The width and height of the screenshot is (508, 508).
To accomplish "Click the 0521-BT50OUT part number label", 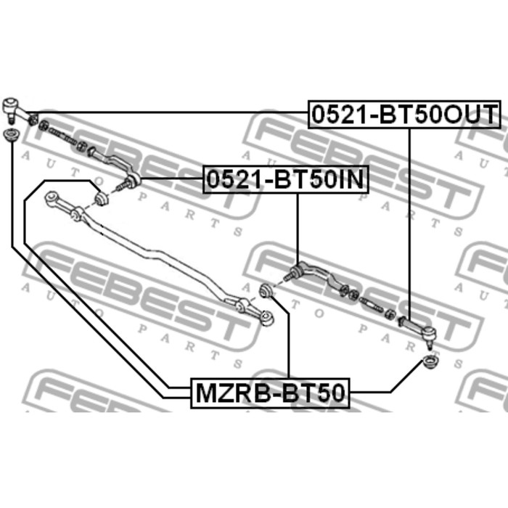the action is pyautogui.click(x=404, y=115).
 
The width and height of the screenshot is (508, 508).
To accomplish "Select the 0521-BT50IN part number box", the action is pyautogui.click(x=285, y=179).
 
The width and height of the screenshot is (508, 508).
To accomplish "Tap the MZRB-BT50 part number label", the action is pyautogui.click(x=270, y=393).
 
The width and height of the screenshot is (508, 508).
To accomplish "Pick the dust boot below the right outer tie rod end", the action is pyautogui.click(x=431, y=362).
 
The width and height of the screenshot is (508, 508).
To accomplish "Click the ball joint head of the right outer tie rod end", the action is pyautogui.click(x=428, y=333).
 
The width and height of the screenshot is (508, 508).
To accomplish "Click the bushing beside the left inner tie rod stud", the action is pyautogui.click(x=102, y=198).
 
